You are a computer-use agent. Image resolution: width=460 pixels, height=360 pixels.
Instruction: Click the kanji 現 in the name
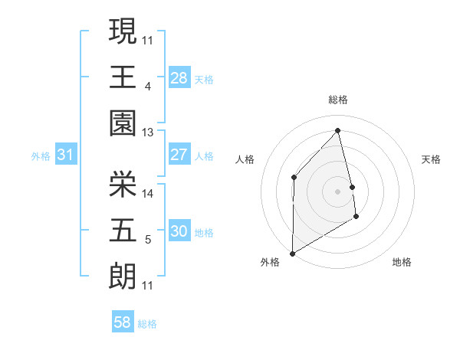(x=123, y=33)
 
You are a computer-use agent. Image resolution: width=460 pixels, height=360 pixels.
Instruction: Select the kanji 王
(x=123, y=77)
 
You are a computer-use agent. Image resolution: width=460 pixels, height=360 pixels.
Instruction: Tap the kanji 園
(x=123, y=123)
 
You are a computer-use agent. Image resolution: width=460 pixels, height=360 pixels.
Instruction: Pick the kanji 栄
(x=123, y=184)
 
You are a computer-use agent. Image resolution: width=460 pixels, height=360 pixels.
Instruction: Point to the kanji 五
(x=123, y=229)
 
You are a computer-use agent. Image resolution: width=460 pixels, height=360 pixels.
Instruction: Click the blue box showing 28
(x=179, y=77)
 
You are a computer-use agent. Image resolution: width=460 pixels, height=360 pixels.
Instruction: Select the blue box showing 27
(x=179, y=155)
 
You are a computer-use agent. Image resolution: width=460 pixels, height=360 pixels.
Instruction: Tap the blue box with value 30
(x=179, y=231)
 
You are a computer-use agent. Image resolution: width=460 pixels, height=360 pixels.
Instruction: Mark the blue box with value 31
(x=66, y=155)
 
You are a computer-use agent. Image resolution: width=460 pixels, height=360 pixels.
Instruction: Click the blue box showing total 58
(x=122, y=322)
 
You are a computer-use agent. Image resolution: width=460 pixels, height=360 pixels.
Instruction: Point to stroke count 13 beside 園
(x=148, y=133)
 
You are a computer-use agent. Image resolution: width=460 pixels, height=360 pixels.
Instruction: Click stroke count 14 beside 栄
(x=148, y=194)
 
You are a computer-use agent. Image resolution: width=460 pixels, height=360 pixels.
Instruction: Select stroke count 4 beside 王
(x=147, y=87)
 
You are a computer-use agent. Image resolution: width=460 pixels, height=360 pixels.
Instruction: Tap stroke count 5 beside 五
(x=147, y=240)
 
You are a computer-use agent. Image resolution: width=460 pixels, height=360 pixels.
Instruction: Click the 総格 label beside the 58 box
(x=147, y=324)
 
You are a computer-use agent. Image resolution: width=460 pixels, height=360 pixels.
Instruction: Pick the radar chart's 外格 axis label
(x=270, y=262)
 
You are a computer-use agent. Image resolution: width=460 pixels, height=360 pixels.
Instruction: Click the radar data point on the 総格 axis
(x=338, y=130)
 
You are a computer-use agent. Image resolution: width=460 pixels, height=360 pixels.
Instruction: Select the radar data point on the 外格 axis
(x=292, y=252)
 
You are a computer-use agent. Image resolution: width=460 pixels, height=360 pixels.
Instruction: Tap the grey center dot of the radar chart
(x=337, y=191)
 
